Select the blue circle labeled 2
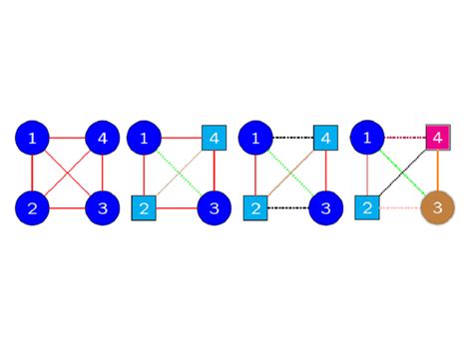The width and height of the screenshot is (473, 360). [x=32, y=208]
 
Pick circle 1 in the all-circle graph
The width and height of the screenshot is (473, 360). [x=32, y=137]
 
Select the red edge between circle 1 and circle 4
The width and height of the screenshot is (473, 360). [x=68, y=137]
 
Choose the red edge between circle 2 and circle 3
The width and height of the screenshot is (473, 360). [x=68, y=208]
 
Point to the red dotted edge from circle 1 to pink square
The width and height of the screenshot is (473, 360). [x=405, y=137]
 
